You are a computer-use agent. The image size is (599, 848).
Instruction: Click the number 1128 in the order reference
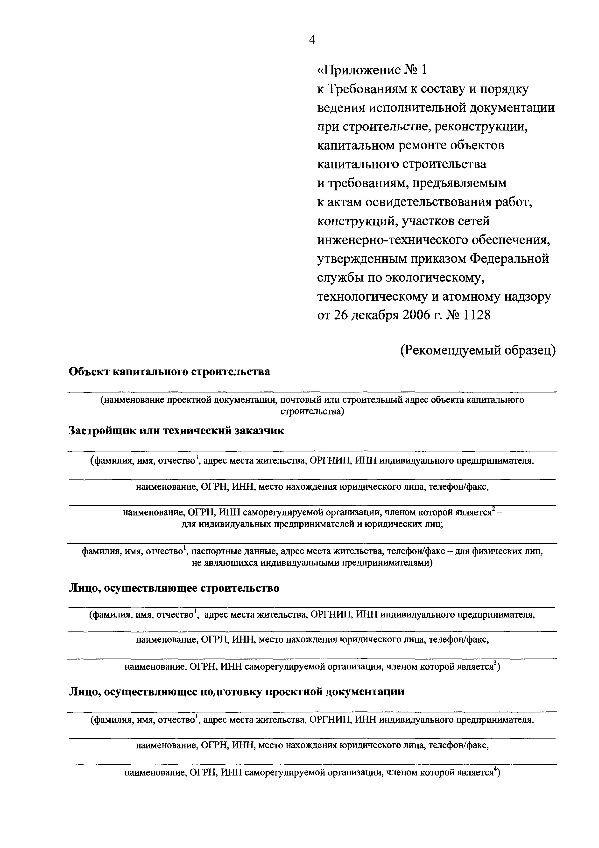(476, 315)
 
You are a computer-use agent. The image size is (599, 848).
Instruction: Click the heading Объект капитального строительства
(169, 371)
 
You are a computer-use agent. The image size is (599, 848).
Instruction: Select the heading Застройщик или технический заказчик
(176, 431)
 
